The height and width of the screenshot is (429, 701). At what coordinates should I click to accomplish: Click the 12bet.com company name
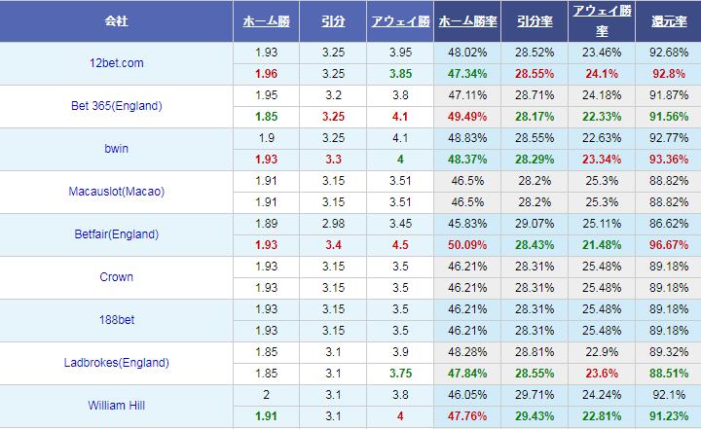[x=116, y=63]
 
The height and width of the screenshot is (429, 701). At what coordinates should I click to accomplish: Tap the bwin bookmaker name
[x=116, y=149]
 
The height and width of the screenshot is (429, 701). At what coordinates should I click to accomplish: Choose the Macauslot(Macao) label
[x=116, y=192]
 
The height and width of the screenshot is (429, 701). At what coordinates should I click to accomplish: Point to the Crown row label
[x=116, y=277]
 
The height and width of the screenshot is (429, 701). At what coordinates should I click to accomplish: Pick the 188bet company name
[x=116, y=320]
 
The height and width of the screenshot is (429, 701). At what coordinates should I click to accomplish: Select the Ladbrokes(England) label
[x=116, y=363]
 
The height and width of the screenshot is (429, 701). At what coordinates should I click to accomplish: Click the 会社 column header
[x=116, y=20]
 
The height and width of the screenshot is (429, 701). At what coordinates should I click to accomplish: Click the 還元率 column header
[x=667, y=20]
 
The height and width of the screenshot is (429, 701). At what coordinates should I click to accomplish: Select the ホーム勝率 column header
[x=466, y=20]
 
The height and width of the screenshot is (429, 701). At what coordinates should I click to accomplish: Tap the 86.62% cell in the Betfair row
[x=667, y=224]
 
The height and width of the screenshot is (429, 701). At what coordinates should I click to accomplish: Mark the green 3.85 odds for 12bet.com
[x=400, y=73]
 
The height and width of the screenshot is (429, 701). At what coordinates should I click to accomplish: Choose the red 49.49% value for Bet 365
[x=466, y=116]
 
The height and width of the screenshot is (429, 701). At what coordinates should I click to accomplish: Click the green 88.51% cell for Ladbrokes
[x=667, y=374]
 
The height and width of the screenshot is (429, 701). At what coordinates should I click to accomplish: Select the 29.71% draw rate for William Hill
[x=534, y=395]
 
